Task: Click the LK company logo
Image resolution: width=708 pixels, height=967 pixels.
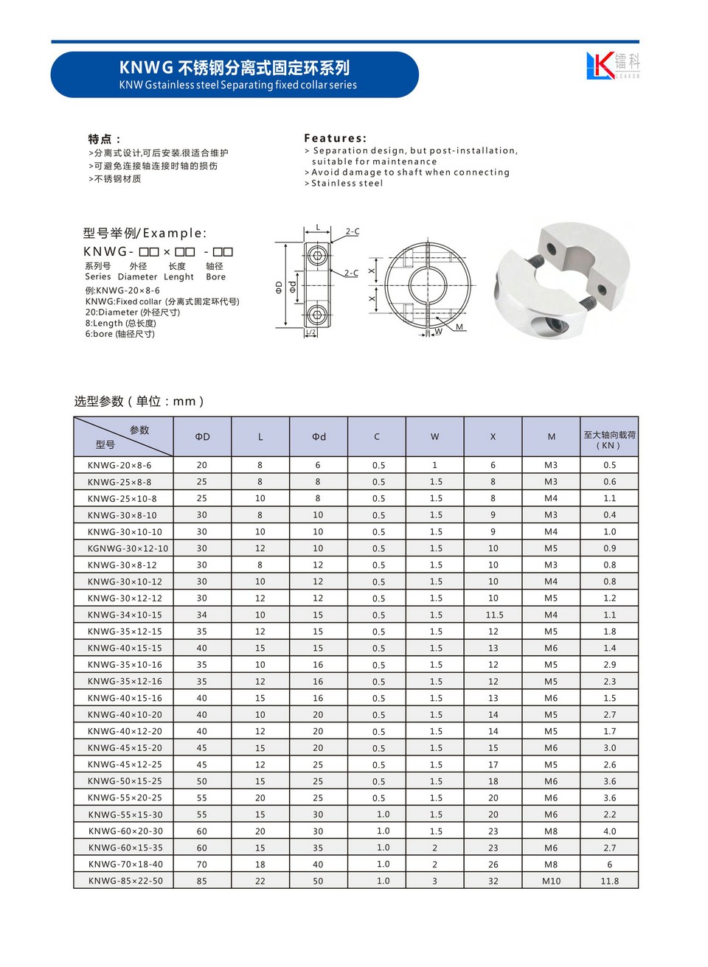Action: (x=612, y=66)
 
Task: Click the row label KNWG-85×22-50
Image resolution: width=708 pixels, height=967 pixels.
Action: (x=125, y=881)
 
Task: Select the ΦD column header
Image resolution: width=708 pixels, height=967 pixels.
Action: (x=202, y=437)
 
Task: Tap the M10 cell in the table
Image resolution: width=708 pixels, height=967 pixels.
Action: (x=551, y=881)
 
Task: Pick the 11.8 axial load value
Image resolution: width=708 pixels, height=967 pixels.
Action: (x=609, y=881)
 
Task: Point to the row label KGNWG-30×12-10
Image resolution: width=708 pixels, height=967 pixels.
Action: (x=128, y=548)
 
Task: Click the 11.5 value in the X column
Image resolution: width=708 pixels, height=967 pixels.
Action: (x=493, y=615)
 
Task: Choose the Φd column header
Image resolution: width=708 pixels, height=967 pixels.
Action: (x=318, y=437)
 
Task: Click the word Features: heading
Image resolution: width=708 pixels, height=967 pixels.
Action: (x=335, y=138)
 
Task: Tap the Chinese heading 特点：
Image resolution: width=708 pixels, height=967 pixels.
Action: (x=104, y=139)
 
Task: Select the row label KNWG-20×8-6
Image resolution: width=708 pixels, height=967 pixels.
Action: (x=119, y=465)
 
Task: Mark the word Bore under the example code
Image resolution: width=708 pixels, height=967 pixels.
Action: (x=215, y=277)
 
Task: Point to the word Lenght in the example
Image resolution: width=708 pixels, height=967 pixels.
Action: (x=178, y=277)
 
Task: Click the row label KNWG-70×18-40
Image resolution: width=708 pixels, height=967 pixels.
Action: (x=125, y=864)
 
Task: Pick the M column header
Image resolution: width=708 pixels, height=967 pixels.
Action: (x=551, y=437)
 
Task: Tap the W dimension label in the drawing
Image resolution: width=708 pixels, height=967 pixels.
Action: (x=438, y=332)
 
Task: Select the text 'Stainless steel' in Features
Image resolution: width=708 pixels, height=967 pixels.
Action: (x=347, y=184)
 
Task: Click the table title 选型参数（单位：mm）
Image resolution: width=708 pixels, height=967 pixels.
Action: (x=139, y=401)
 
